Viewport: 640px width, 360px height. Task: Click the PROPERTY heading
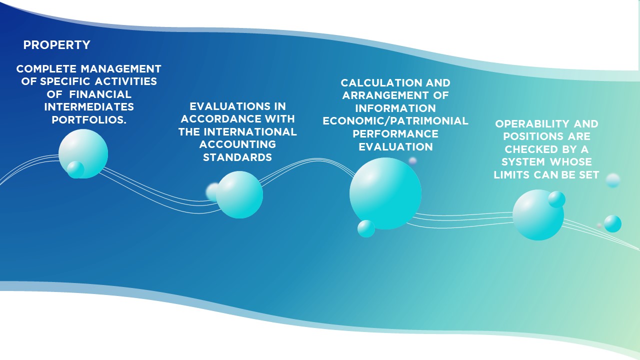click(57, 45)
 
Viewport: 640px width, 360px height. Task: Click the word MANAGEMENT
click(121, 69)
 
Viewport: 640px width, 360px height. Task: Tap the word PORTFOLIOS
click(89, 120)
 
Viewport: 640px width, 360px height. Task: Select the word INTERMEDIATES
click(89, 107)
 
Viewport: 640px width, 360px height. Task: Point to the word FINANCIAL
click(100, 94)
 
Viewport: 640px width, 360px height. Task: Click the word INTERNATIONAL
click(250, 132)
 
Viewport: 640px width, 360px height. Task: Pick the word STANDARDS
click(237, 157)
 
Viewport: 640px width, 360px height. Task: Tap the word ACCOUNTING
click(237, 144)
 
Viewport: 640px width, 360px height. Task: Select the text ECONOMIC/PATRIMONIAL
click(395, 121)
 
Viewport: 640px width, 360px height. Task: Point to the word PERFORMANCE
click(395, 134)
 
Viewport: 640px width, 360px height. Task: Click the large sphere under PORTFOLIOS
click(83, 153)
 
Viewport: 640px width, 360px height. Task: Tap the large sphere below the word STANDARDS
click(239, 195)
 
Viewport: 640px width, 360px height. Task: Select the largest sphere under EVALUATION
click(385, 193)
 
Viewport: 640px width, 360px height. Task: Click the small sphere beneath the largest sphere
click(366, 228)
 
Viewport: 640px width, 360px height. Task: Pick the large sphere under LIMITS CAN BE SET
click(538, 215)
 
